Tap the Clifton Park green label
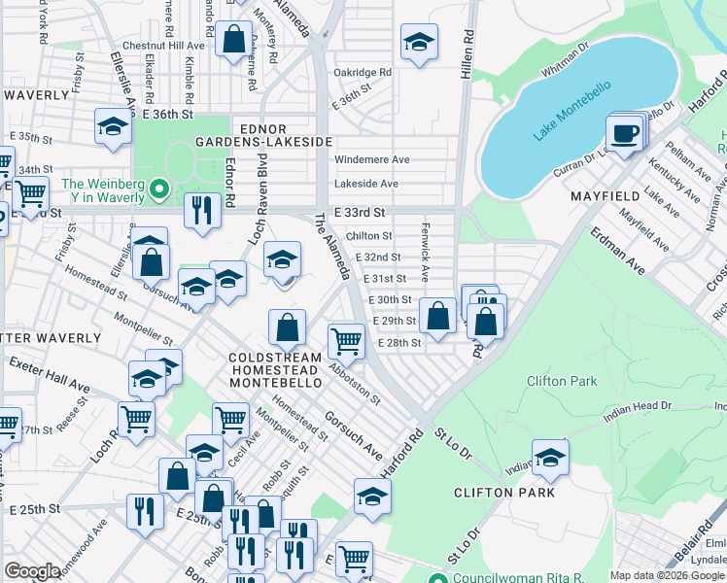561,381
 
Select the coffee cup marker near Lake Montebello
623,132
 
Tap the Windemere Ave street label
371,159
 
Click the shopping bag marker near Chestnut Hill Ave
233,41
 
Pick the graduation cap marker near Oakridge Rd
419,42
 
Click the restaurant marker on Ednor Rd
202,211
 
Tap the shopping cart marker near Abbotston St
346,341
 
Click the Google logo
32,571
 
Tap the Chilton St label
368,235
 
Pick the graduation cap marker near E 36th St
113,127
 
